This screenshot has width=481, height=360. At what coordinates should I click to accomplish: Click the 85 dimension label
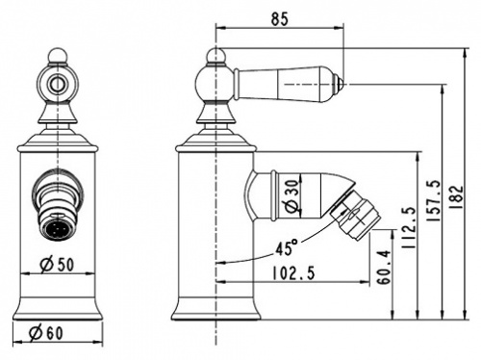coord(280,19)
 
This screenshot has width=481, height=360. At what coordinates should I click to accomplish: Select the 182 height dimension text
coord(456,197)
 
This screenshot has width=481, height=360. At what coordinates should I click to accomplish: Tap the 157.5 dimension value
coord(433,201)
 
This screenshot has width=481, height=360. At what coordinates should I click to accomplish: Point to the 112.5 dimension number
coord(409,228)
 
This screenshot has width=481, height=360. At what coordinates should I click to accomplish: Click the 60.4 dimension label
coord(384,267)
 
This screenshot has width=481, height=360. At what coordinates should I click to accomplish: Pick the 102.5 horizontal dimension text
coord(293,273)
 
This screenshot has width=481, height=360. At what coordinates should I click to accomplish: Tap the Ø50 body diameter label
coord(57,265)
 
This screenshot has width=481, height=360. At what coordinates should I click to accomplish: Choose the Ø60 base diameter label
coord(46,333)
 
